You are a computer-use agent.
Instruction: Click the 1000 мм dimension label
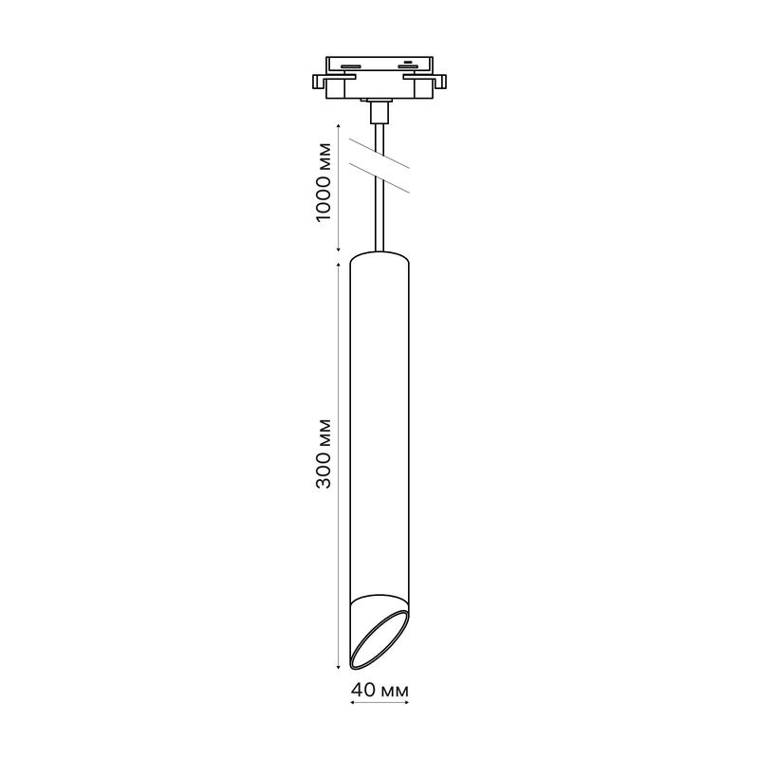[x=324, y=182]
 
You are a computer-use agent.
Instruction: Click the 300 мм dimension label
[x=324, y=454]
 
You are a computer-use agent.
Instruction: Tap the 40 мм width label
[x=380, y=690]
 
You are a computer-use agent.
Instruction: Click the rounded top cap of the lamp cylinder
[x=380, y=257]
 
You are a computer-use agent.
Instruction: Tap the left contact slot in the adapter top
[x=350, y=66]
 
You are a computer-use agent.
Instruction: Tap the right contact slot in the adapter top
[x=408, y=66]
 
